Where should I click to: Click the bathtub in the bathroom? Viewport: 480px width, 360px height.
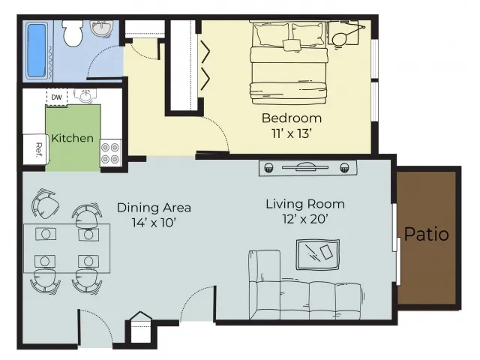click(37, 50)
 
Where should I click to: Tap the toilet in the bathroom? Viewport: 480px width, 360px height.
click(73, 33)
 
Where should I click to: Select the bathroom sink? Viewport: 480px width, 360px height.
click(101, 28)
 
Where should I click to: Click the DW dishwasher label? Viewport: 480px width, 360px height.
click(57, 97)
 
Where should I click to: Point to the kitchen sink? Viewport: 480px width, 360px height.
click(85, 96)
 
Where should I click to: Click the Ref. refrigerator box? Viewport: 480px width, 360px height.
click(34, 149)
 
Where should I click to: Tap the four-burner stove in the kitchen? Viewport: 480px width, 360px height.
click(110, 153)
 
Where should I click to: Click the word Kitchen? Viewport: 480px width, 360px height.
click(73, 138)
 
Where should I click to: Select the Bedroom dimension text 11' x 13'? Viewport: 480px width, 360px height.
click(292, 133)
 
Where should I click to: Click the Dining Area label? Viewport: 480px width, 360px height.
click(154, 208)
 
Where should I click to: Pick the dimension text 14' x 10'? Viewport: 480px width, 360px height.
click(154, 223)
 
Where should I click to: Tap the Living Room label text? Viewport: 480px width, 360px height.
click(305, 204)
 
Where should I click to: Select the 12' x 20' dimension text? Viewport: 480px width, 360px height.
click(305, 219)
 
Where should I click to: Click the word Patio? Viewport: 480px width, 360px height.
click(427, 234)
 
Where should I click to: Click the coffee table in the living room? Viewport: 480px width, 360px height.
click(318, 255)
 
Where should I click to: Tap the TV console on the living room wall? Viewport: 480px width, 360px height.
click(307, 168)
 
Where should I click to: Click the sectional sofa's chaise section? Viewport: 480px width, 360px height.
click(265, 283)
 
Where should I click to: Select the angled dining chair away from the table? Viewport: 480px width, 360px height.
click(45, 204)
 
